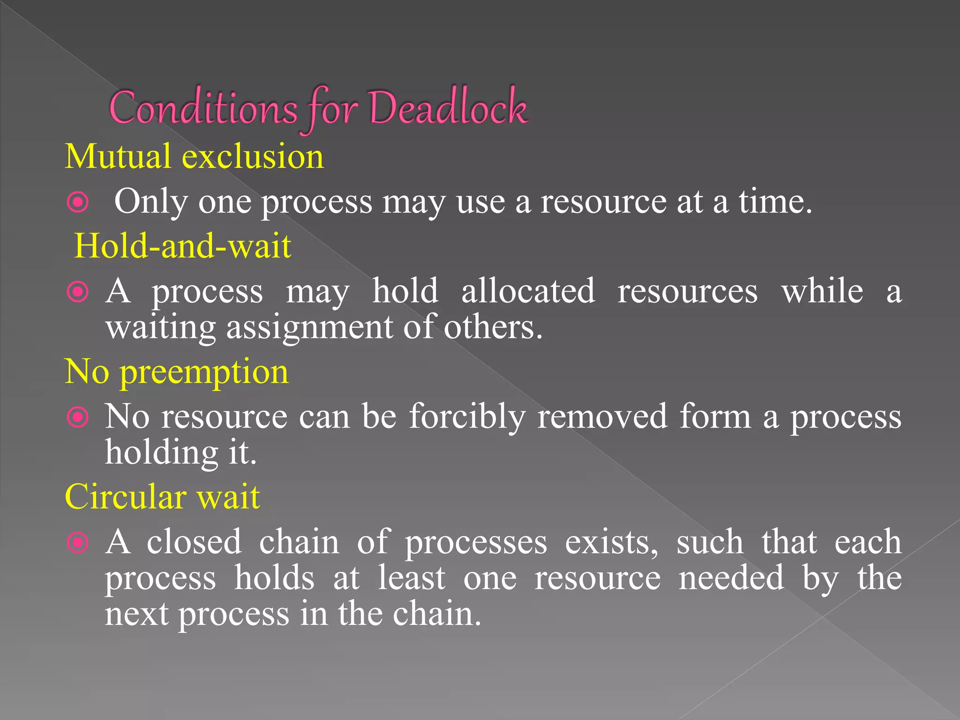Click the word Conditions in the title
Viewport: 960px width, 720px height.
(x=203, y=109)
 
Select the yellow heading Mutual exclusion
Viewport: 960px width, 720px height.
(x=194, y=156)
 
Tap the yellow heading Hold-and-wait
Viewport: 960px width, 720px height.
(x=183, y=246)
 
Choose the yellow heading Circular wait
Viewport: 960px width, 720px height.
(x=162, y=497)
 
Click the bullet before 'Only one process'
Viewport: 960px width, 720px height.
(x=78, y=202)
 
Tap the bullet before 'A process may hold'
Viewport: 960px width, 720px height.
(x=78, y=292)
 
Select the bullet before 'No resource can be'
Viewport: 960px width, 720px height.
(x=78, y=417)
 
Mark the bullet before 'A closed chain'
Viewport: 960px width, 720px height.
(x=78, y=543)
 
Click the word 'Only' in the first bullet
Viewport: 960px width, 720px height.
(x=150, y=202)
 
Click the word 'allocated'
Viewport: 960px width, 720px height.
(x=528, y=291)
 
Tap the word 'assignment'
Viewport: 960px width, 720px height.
(x=309, y=328)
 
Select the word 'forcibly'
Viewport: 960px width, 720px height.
(x=467, y=417)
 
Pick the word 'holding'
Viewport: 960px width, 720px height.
(x=161, y=454)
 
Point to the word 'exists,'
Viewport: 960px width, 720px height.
(x=612, y=542)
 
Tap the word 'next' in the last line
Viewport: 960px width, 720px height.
(x=136, y=614)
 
